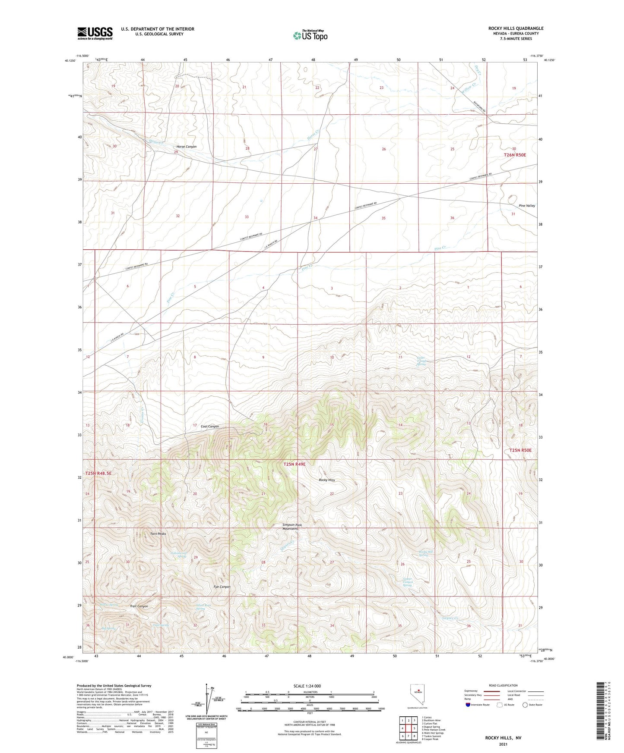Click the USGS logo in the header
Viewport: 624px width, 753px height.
click(x=95, y=33)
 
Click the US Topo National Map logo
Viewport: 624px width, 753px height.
click(x=310, y=35)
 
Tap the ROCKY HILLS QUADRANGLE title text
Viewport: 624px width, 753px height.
click(x=516, y=28)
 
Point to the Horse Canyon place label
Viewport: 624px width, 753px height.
click(x=186, y=147)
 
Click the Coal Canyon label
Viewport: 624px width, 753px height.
click(x=209, y=427)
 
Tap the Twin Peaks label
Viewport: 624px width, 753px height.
click(x=158, y=534)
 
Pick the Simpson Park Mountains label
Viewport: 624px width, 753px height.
click(x=290, y=527)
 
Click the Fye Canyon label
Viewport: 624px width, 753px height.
click(x=222, y=587)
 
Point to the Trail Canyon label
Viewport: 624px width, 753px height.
click(x=139, y=606)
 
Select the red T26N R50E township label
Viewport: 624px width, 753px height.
click(x=515, y=155)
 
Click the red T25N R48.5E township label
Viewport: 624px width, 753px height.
click(x=98, y=473)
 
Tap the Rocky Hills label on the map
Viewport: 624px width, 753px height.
click(x=326, y=480)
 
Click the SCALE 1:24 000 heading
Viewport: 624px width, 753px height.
click(x=307, y=686)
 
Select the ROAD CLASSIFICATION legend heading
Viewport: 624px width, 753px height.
click(x=503, y=685)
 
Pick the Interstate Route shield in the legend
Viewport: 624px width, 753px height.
click(x=468, y=705)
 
